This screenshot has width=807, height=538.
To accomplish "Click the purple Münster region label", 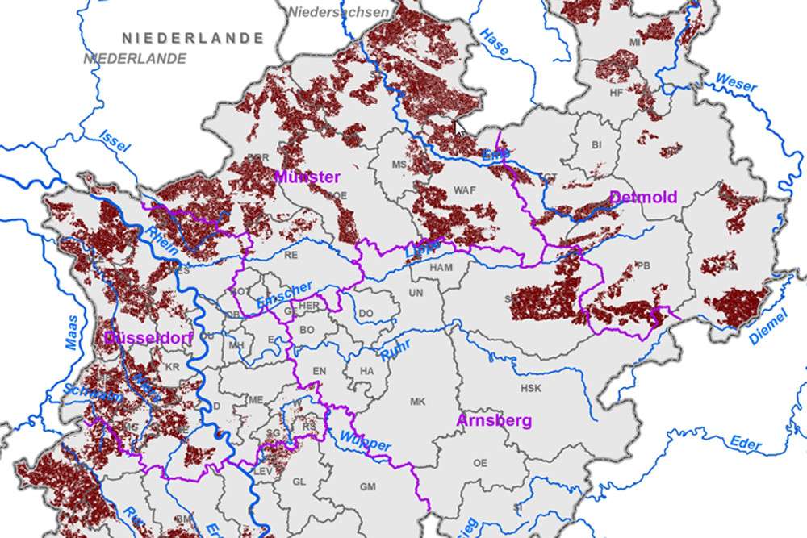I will pyautogui.click(x=307, y=177).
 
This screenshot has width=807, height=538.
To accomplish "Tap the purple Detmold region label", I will pyautogui.click(x=643, y=197).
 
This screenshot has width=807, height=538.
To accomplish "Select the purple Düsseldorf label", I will pyautogui.click(x=148, y=339).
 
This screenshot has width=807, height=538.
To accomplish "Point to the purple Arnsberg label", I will pyautogui.click(x=495, y=420).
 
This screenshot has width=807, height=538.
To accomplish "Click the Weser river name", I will pyautogui.click(x=735, y=82).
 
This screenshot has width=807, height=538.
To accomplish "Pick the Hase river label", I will pyautogui.click(x=495, y=43).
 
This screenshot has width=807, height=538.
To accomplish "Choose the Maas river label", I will pyautogui.click(x=73, y=332).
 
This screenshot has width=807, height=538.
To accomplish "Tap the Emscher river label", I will pyautogui.click(x=285, y=294).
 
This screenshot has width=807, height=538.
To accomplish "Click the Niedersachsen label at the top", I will pyautogui.click(x=338, y=12).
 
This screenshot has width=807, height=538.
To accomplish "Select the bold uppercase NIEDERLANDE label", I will pyautogui.click(x=193, y=38).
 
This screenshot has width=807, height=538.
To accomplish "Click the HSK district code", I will pyautogui.click(x=531, y=388).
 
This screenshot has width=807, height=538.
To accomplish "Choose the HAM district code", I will pyautogui.click(x=441, y=267).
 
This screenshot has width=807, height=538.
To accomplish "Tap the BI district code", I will pyautogui.click(x=597, y=145).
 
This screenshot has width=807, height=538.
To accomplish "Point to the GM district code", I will pyautogui.click(x=368, y=486).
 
